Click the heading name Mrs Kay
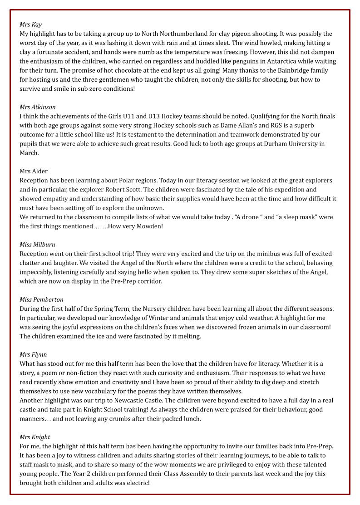[x=30, y=25]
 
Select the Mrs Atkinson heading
[x=38, y=107]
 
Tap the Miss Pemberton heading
[x=41, y=299]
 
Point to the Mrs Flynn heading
[x=33, y=354]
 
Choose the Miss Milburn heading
[x=37, y=245]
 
